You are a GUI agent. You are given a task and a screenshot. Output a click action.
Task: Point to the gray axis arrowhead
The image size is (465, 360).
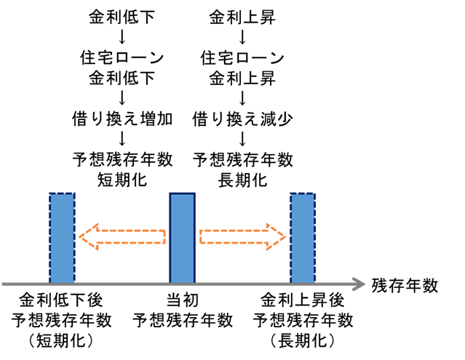coord(359,284)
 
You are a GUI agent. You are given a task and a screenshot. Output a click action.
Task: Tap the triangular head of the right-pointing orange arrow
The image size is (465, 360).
coord(277,236)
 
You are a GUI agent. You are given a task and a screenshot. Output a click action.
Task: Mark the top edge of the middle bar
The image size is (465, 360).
coord(182,193)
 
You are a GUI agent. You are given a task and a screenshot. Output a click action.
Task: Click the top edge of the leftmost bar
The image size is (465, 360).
coord(62,193)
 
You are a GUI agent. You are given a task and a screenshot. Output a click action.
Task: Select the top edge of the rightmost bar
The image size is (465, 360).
coord(303,193)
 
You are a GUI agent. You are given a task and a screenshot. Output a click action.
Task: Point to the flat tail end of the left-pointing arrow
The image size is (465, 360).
coord(164,236)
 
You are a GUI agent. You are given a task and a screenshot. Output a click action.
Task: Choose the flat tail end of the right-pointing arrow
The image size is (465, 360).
coord(201,236)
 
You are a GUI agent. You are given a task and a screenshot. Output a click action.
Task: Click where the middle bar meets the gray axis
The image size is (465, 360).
coord(182,282)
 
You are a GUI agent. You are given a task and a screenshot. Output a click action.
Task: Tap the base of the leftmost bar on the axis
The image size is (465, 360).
coord(62,282)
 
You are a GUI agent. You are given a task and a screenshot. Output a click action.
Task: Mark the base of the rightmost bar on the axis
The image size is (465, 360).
coord(303,282)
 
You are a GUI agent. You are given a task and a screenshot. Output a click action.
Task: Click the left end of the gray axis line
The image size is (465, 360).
coord(4,284)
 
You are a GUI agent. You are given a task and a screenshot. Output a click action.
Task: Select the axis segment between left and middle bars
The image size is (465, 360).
coord(122,284)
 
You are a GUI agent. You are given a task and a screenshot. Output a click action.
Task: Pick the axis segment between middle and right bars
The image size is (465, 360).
coord(242,284)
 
